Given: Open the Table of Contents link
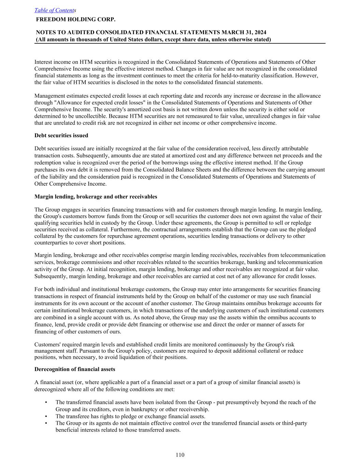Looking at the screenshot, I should point(55,10).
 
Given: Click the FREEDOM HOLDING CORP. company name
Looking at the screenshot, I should point(76,19).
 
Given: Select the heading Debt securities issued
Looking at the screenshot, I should point(61,136).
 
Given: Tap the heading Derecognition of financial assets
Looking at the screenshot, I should point(75,369).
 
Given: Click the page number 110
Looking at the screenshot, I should point(180,455).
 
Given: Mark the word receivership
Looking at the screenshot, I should point(194,409).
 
